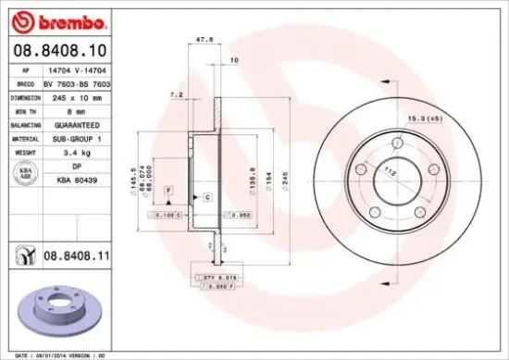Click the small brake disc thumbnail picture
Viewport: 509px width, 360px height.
(57, 302)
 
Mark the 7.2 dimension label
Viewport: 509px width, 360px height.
(177, 94)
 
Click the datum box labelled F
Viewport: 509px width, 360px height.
(169, 189)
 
